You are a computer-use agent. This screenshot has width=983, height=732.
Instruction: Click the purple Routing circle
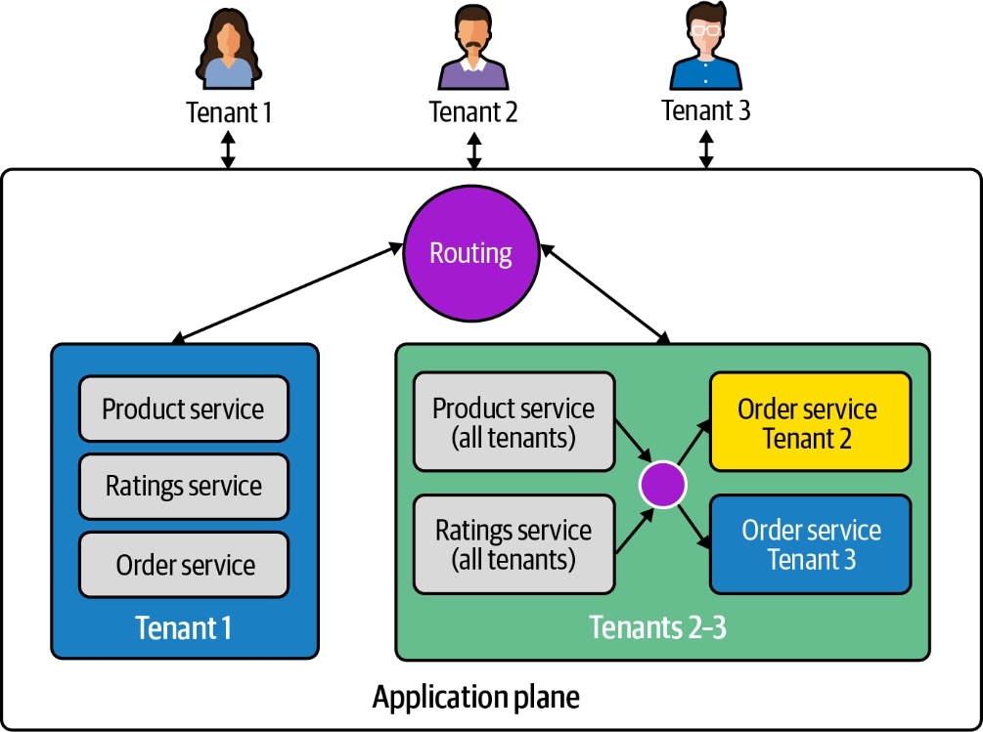click(x=471, y=253)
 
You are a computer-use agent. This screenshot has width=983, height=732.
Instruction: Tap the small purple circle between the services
click(x=662, y=484)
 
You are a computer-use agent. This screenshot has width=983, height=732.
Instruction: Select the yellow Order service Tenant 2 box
click(x=810, y=422)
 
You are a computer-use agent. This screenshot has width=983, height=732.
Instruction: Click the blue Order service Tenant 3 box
click(x=810, y=544)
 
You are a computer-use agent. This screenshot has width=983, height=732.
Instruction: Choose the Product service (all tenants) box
click(x=514, y=420)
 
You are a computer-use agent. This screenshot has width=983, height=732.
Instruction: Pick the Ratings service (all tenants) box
click(x=514, y=544)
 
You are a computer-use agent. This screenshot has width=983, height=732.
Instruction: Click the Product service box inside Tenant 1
click(x=184, y=409)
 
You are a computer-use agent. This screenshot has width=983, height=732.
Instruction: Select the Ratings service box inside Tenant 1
click(x=184, y=486)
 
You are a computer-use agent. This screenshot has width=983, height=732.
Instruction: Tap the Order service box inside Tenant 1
click(x=184, y=565)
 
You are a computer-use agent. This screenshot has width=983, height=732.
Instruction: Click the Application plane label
click(x=475, y=698)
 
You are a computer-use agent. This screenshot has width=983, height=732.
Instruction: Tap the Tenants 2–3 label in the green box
click(x=657, y=627)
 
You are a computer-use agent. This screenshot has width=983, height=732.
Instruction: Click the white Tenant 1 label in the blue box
click(x=184, y=627)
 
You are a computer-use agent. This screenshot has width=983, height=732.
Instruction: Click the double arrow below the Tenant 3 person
click(x=705, y=149)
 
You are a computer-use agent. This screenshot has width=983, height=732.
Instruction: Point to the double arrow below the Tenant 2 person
click(x=474, y=150)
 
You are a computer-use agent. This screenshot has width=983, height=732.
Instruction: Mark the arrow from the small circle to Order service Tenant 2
click(x=693, y=447)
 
